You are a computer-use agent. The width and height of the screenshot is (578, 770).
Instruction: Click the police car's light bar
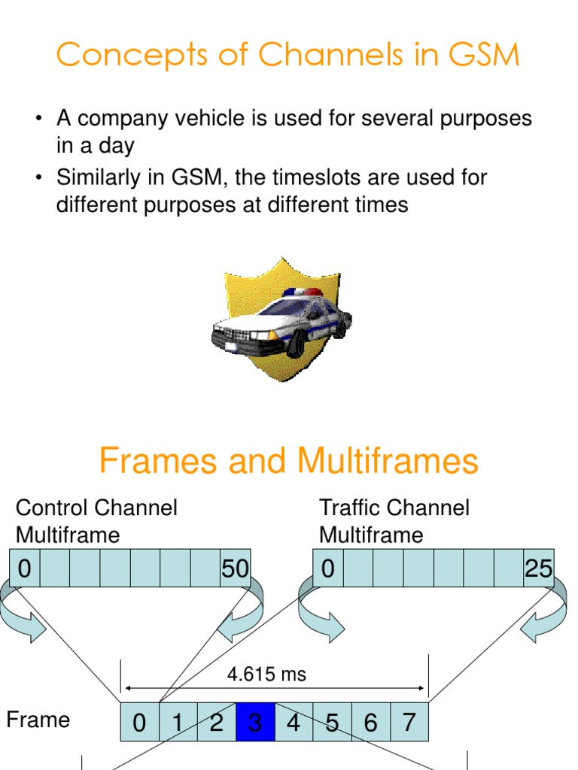tap(303, 293)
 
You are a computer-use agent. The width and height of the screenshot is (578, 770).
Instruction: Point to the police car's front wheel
tap(296, 344)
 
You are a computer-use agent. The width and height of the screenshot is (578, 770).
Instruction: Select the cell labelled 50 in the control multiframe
tap(235, 569)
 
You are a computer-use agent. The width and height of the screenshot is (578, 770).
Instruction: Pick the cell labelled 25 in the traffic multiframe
tap(539, 569)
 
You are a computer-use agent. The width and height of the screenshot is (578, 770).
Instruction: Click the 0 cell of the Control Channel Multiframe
tap(24, 569)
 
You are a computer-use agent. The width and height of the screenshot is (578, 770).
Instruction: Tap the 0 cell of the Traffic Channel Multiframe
tap(327, 569)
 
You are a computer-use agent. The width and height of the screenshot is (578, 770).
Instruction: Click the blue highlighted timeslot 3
tap(255, 723)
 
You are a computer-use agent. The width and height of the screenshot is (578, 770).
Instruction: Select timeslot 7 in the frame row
tap(409, 723)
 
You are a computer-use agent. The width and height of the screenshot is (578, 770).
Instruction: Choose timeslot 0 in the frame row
tap(139, 723)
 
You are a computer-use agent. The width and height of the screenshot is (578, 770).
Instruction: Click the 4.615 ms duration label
tap(266, 675)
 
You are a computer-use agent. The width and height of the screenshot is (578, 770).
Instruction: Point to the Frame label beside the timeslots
tap(38, 720)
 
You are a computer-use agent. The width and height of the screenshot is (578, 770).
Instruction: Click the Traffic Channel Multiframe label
tap(394, 521)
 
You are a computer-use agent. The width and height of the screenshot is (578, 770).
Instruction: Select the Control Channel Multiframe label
tap(96, 521)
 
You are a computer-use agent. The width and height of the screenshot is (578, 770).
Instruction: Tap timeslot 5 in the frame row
tap(332, 723)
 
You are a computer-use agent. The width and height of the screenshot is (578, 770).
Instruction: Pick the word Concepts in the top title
tap(121, 55)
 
